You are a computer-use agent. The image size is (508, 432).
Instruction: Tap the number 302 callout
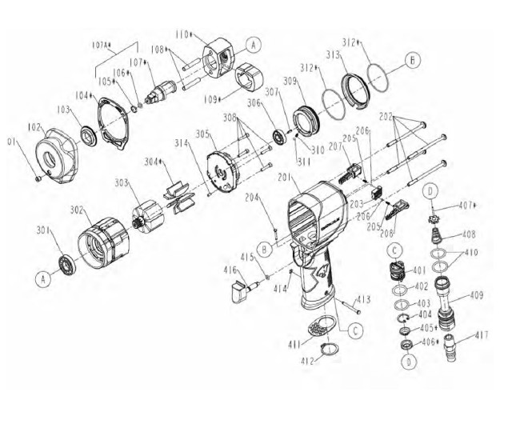tap(76, 210)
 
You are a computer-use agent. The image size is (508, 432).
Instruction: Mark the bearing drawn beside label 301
tap(64, 263)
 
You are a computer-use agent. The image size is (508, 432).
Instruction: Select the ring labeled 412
tap(326, 350)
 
